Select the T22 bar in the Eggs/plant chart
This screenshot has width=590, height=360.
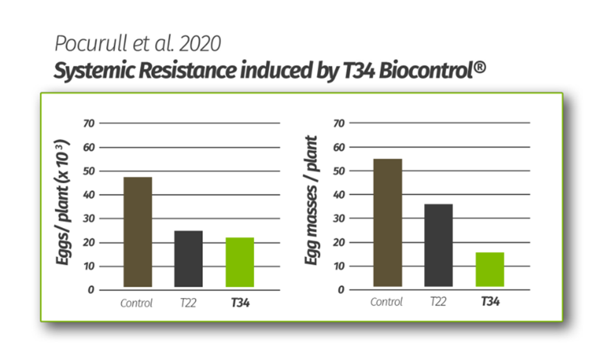[188, 259]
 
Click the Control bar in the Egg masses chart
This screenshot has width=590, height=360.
[388, 222]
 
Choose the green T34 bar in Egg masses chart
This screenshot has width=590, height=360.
[490, 269]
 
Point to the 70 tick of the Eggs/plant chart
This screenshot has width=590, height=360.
[88, 123]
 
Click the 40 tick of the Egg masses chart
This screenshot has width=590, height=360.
[339, 195]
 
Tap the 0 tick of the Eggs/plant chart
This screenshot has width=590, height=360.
[91, 290]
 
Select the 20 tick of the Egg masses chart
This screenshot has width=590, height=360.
[339, 242]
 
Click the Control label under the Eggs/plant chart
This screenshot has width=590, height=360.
[136, 304]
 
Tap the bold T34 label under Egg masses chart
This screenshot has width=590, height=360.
[490, 302]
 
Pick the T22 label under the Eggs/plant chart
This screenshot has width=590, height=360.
[188, 304]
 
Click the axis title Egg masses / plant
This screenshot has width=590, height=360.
[311, 200]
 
